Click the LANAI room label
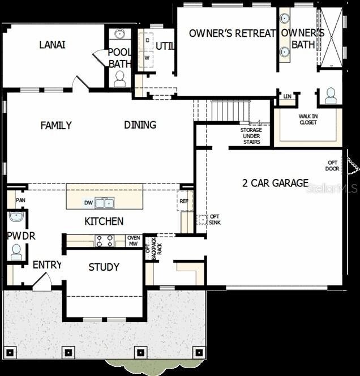(x=52, y=45)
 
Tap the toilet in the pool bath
(x=120, y=79)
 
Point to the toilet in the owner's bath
(x=331, y=97)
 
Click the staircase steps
(x=229, y=110)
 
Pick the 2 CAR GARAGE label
(x=275, y=183)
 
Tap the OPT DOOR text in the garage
(x=332, y=165)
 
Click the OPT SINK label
(x=215, y=220)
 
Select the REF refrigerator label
(x=183, y=200)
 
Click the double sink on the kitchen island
(x=104, y=202)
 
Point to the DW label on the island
(x=88, y=203)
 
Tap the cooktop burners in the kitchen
(x=105, y=240)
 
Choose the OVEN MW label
(x=134, y=241)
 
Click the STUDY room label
(x=104, y=267)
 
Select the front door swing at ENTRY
(x=42, y=281)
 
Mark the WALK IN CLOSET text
(x=308, y=119)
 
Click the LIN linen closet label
(x=287, y=97)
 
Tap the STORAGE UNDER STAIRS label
(x=251, y=136)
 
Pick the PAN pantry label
(x=20, y=200)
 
